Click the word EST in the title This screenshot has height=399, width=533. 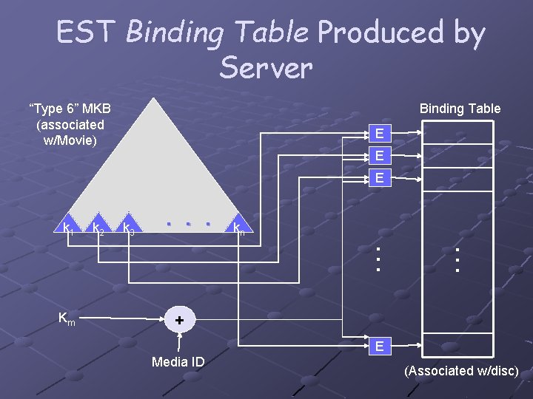pyautogui.click(x=86, y=33)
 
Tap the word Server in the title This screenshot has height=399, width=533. pyautogui.click(x=266, y=68)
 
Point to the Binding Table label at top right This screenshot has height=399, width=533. pyautogui.click(x=460, y=109)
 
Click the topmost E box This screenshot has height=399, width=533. pyautogui.click(x=379, y=134)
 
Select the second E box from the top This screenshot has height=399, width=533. pyautogui.click(x=379, y=156)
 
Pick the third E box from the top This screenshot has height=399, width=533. pyautogui.click(x=379, y=177)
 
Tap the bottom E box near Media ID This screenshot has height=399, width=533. pyautogui.click(x=379, y=346)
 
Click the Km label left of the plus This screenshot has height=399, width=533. pyautogui.click(x=67, y=318)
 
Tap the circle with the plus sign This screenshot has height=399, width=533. pyautogui.click(x=178, y=320)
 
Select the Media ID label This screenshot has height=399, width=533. pyautogui.click(x=178, y=361)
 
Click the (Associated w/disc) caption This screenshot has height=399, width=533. pyautogui.click(x=461, y=371)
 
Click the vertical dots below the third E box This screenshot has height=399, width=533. pyautogui.click(x=378, y=259)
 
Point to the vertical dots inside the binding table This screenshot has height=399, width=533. pyautogui.click(x=458, y=260)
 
